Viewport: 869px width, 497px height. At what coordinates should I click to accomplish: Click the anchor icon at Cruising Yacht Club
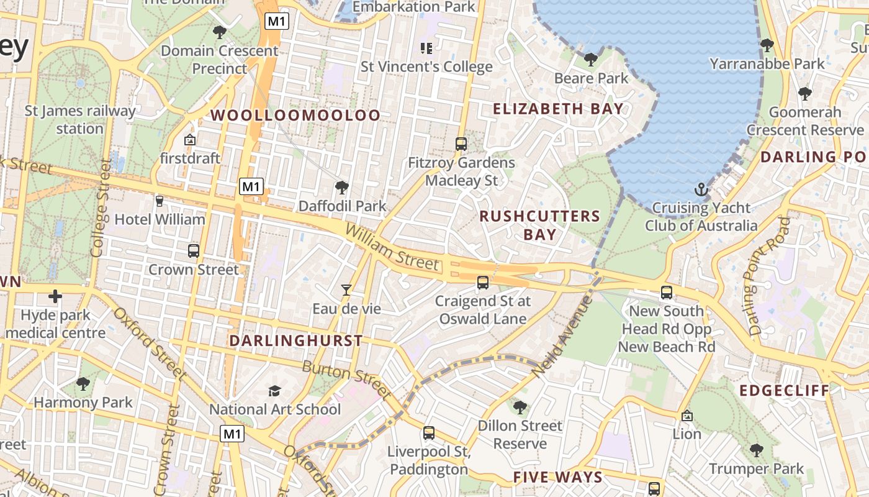(701, 189)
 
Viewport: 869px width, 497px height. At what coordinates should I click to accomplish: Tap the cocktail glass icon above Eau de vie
(346, 290)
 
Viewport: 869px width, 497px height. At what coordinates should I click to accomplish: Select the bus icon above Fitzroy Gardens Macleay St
(461, 144)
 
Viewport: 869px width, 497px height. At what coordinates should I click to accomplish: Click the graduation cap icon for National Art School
(274, 390)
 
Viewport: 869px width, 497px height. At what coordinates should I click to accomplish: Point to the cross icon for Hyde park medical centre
(55, 296)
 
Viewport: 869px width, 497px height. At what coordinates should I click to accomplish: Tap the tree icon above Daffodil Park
(341, 187)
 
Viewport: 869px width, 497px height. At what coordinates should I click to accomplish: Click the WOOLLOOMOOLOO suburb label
(295, 115)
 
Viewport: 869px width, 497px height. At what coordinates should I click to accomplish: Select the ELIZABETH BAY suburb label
(558, 109)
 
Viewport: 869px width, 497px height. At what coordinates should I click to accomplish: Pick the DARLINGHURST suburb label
(296, 340)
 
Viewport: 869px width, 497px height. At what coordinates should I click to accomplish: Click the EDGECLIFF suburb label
(785, 390)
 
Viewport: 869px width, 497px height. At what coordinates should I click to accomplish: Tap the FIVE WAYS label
(558, 477)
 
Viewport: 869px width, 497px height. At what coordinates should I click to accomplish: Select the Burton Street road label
(348, 379)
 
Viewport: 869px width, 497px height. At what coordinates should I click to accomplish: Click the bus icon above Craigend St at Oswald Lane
(483, 283)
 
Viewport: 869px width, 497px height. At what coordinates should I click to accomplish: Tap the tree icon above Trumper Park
(756, 450)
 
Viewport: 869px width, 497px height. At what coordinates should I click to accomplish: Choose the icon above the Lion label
(687, 415)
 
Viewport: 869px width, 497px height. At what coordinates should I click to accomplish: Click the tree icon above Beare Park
(591, 60)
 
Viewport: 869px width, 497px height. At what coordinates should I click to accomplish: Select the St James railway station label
(80, 120)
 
